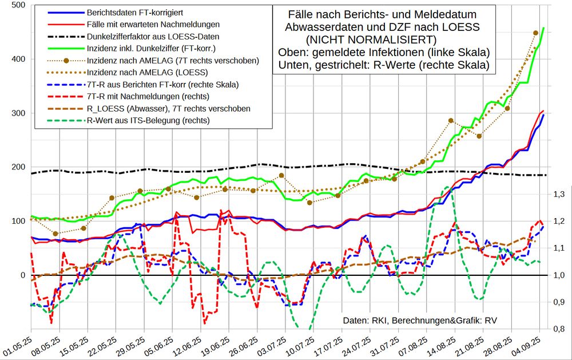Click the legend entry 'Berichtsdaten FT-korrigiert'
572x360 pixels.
(x=126, y=13)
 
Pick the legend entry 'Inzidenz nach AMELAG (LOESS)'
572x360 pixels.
(x=142, y=73)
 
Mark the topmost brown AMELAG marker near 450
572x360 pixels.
(x=535, y=33)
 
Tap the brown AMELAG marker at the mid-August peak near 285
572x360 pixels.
(x=451, y=120)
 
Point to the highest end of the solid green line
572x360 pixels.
(x=543, y=27)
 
